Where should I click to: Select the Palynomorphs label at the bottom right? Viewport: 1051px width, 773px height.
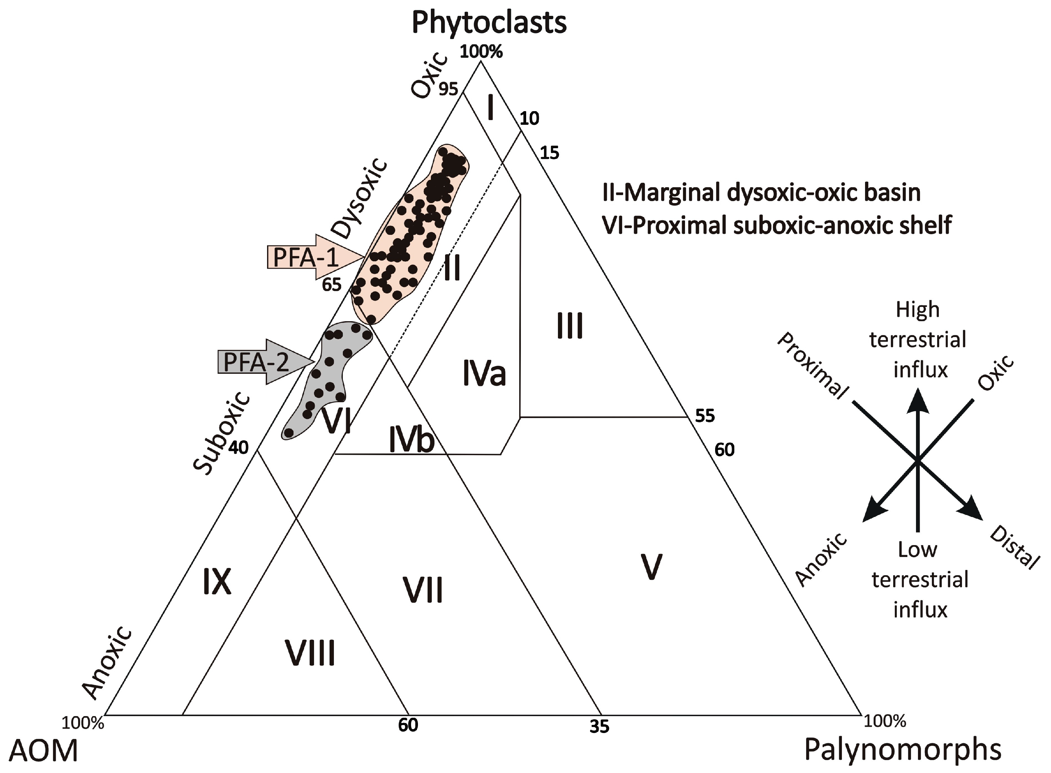coord(903,750)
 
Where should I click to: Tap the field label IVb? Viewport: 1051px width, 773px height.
coord(412,440)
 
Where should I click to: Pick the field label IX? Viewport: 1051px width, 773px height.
coord(217,582)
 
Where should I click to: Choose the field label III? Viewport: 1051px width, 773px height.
coord(570,326)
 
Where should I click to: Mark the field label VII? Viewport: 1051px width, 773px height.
coord(423,590)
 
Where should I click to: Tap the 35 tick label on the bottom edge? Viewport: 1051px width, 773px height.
coord(599,726)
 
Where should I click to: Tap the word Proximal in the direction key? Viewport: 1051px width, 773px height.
coord(813,366)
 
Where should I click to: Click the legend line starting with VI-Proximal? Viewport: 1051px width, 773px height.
coord(777,225)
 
